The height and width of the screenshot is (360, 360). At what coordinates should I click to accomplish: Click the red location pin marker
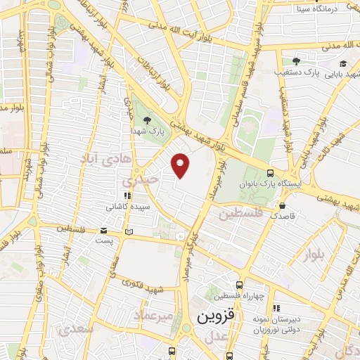click(181, 165)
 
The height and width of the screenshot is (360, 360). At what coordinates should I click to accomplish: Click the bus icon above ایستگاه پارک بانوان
click(271, 173)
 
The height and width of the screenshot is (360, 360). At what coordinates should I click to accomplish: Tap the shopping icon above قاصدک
click(282, 206)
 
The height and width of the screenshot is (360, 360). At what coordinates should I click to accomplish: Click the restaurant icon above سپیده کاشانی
click(127, 196)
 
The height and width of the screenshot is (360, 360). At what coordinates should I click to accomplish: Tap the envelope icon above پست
click(104, 230)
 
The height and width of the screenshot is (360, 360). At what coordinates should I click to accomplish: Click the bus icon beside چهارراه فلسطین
click(240, 285)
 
